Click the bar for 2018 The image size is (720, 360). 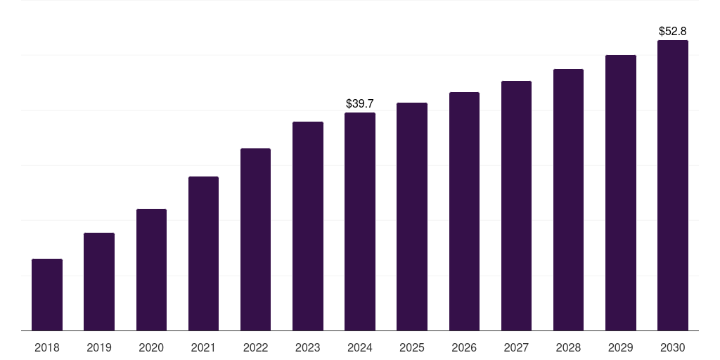tap(47, 295)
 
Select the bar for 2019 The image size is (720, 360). tap(99, 281)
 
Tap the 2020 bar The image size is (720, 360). tap(152, 269)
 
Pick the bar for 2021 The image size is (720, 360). tap(203, 253)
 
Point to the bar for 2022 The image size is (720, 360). tap(255, 239)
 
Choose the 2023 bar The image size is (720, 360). tap(308, 226)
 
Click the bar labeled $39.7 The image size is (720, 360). tap(360, 221)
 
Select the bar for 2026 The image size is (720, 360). tap(464, 211)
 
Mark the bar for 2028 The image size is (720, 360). tap(568, 200)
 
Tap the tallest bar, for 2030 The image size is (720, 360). tap(673, 186)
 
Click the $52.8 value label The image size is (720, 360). tap(673, 31)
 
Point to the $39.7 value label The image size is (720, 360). tap(360, 104)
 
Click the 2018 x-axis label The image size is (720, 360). tap(47, 347)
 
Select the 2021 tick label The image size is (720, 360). tap(203, 347)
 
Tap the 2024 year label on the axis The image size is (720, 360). tap(360, 347)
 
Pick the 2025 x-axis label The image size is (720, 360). tap(412, 347)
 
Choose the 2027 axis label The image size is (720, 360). tap(516, 347)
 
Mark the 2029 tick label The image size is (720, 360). tap(620, 347)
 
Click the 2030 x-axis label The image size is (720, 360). tap(673, 347)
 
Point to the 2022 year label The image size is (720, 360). tap(255, 347)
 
